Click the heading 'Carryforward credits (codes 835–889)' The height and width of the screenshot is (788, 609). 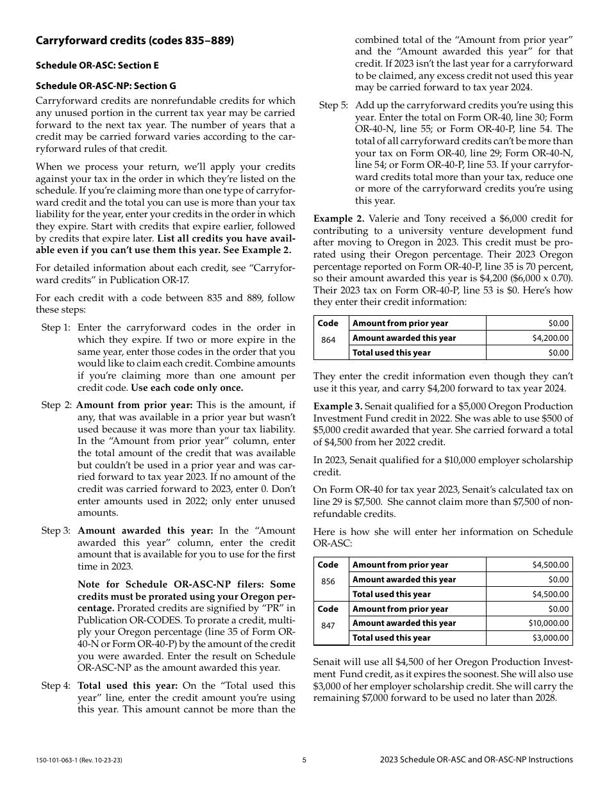135,41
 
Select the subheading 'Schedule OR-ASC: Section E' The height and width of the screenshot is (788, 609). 97,65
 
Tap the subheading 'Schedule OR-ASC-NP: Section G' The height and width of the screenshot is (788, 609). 106,86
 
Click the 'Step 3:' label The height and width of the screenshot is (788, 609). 56,530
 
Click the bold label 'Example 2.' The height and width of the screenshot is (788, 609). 338,218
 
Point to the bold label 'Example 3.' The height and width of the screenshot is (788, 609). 338,406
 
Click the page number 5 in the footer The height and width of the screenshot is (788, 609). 304,760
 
